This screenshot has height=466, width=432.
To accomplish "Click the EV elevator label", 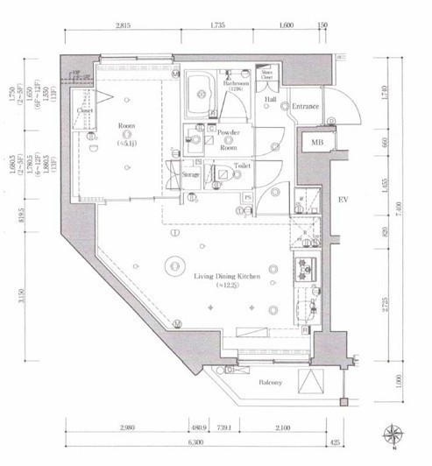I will pyautogui.click(x=343, y=201).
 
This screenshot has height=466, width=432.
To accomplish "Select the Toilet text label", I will pyautogui.click(x=244, y=165).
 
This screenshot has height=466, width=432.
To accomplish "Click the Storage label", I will pyautogui.click(x=191, y=174).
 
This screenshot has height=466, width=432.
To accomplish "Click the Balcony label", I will pyautogui.click(x=270, y=382).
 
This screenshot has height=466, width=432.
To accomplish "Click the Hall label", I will pyautogui.click(x=271, y=100).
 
